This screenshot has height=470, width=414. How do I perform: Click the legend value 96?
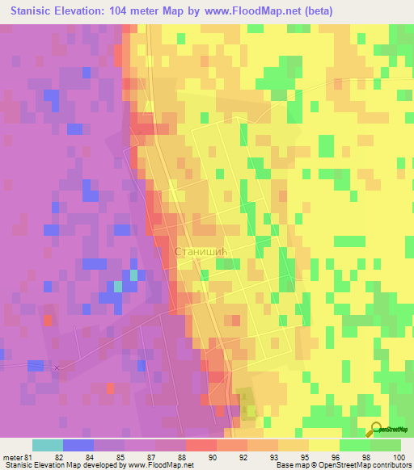[308, 456]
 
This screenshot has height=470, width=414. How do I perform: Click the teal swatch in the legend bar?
[47, 445]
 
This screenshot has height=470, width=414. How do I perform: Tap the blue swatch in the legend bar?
[78, 445]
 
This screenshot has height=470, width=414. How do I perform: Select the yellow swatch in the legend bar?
[323, 445]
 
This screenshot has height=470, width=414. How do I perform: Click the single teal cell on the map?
[118, 286]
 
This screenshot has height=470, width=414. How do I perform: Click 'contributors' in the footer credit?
[389, 465]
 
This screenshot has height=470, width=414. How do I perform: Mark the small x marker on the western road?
[57, 367]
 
